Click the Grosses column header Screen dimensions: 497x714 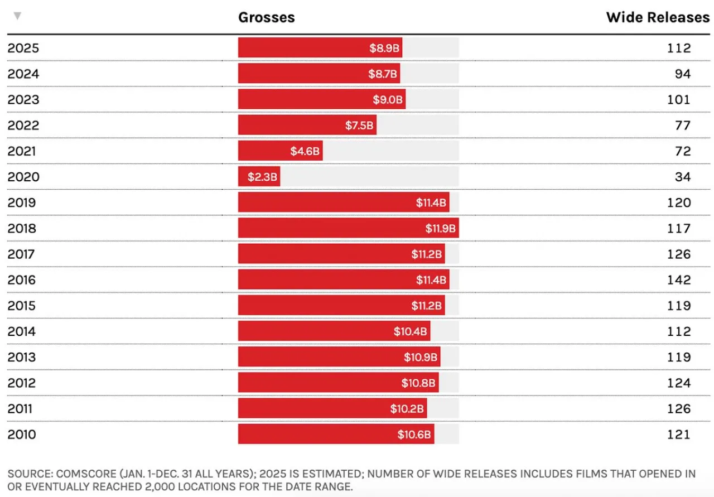pos(266,17)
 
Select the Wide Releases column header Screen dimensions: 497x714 pos(658,17)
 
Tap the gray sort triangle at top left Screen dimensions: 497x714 pos(17,16)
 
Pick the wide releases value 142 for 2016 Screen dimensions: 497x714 pos(679,280)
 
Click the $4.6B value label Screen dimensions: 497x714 pos(305,151)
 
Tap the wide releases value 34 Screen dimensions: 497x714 pos(683,177)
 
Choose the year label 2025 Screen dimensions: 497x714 pos(23,48)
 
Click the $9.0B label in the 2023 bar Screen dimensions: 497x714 pos(388,99)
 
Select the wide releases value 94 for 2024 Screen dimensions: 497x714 pos(683,74)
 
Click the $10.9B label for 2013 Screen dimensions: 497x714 pos(420,357)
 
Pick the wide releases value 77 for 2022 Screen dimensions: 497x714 pos(683,125)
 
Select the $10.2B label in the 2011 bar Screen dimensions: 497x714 pos(407,409)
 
